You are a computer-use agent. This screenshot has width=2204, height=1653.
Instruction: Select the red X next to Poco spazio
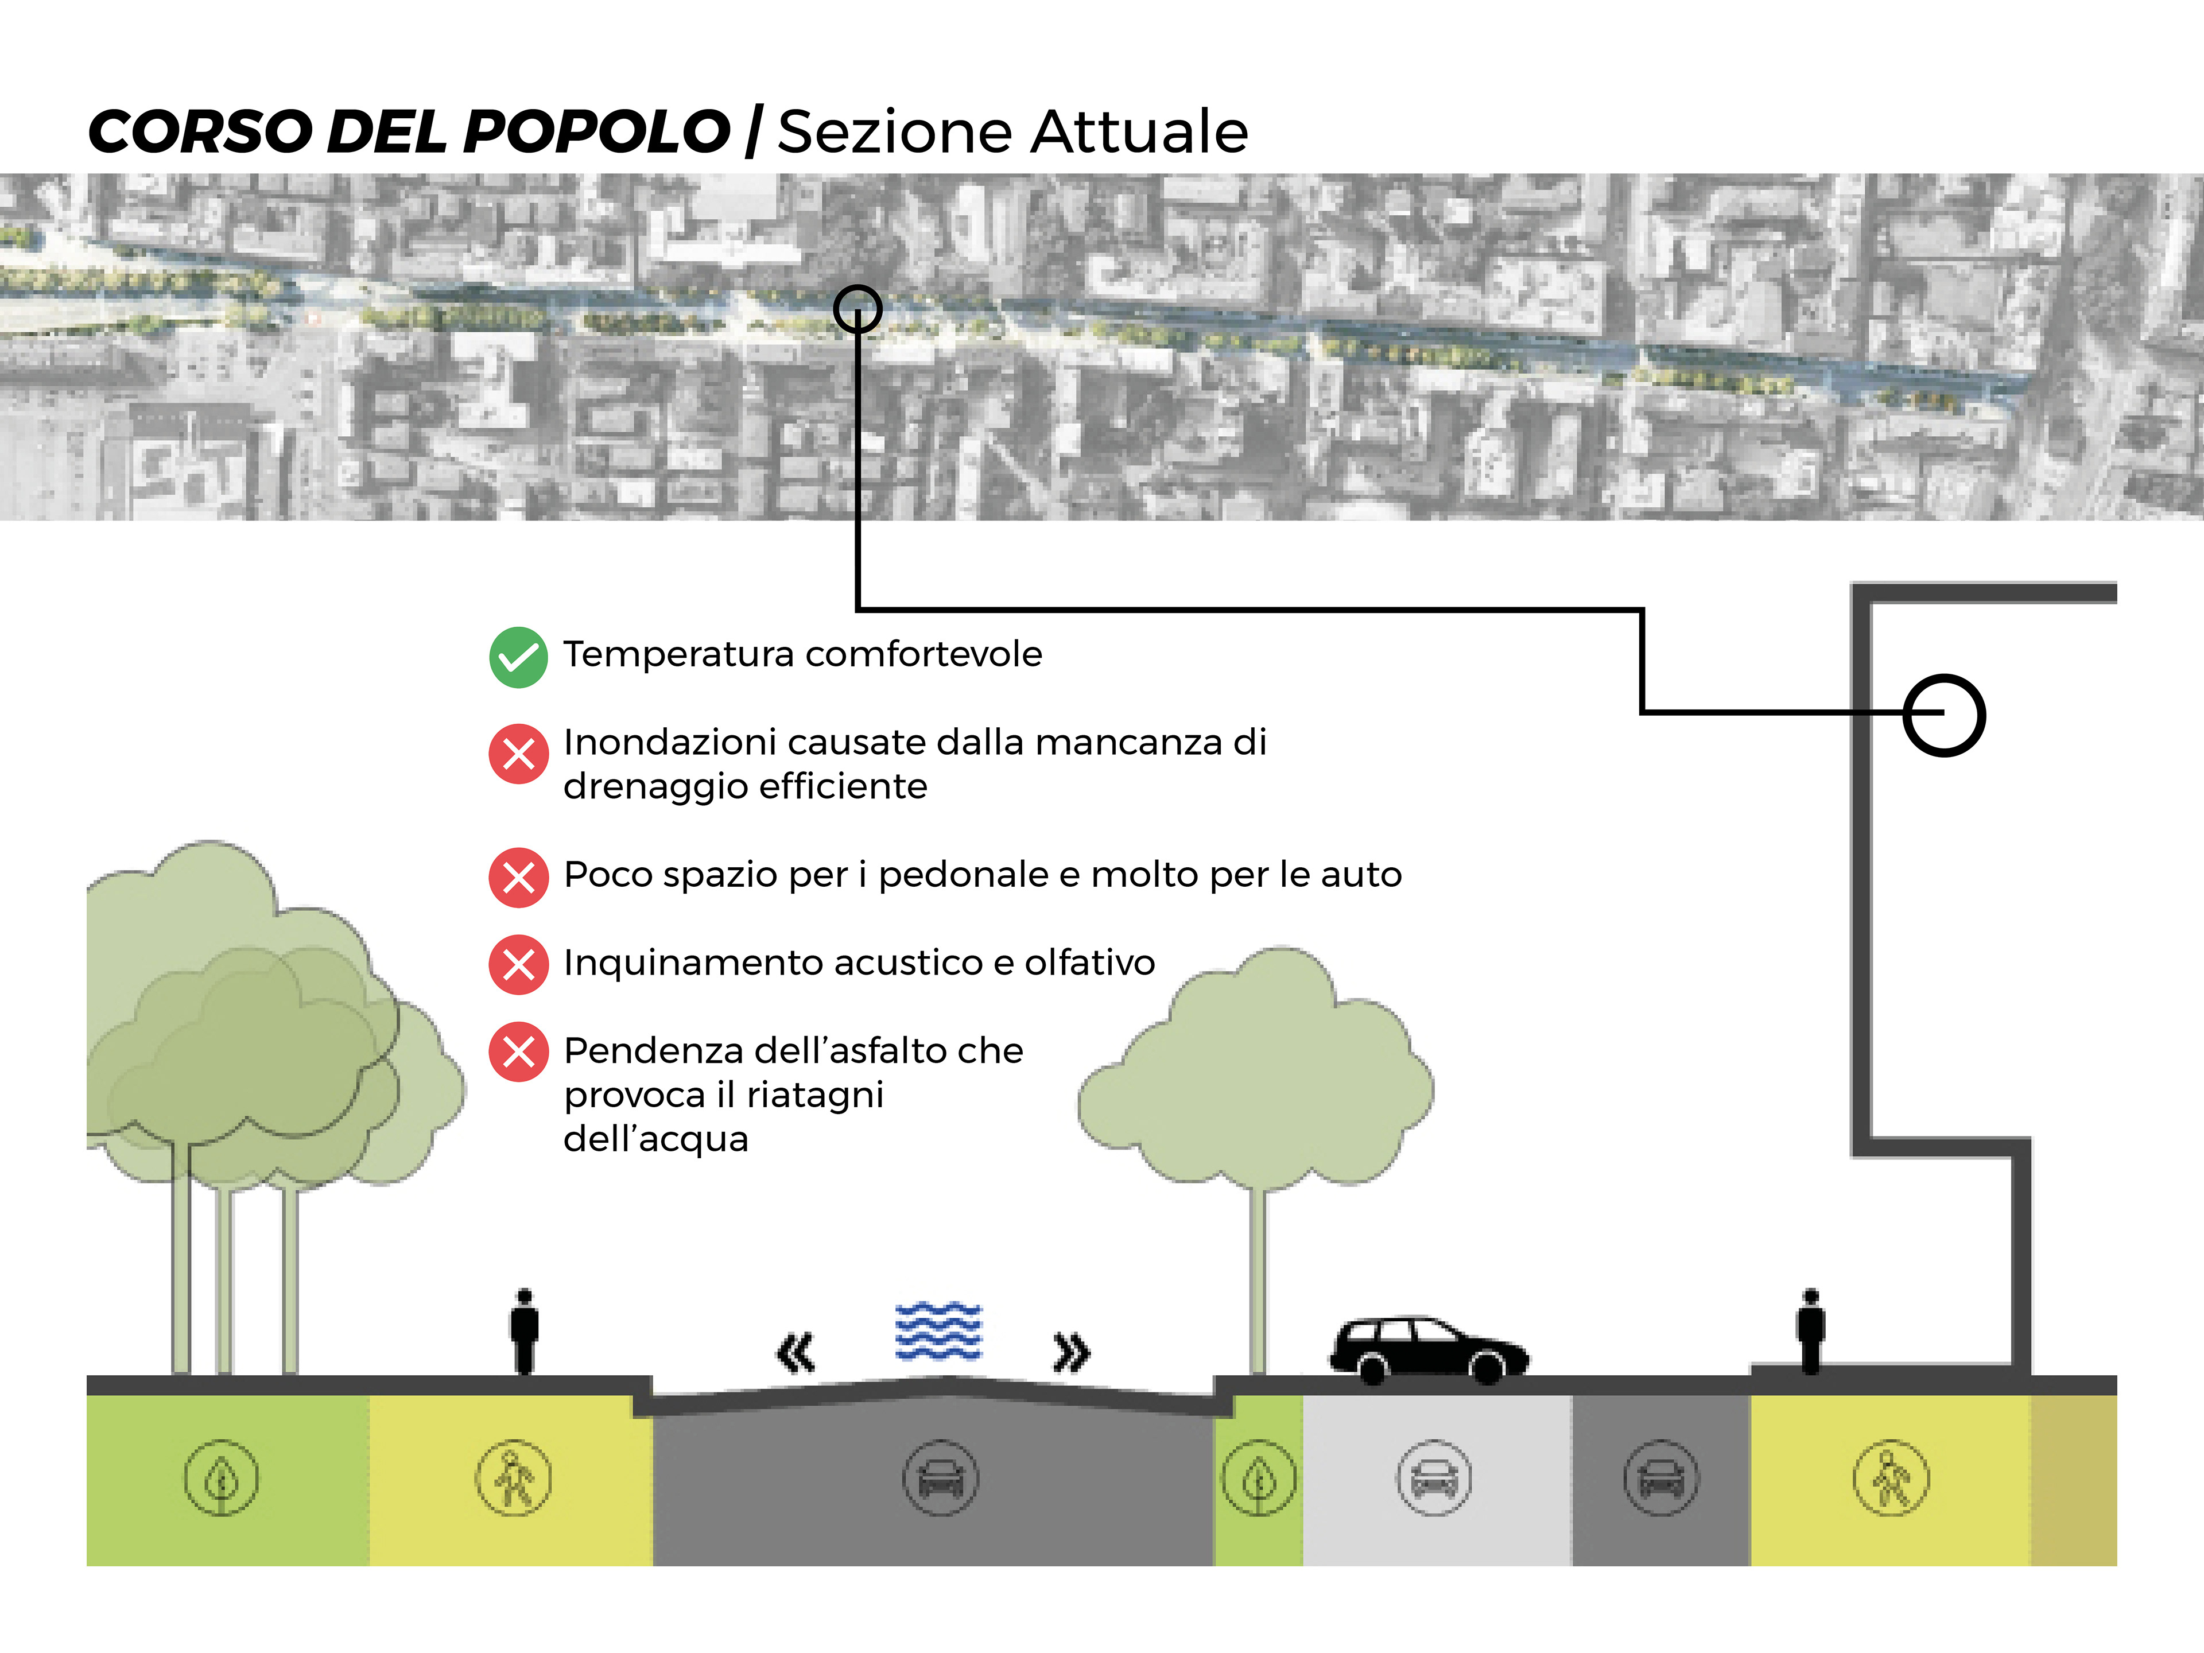(518, 877)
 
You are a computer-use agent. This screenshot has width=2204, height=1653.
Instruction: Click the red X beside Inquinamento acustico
(518, 964)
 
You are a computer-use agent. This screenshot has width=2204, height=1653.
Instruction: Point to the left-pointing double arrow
(795, 1352)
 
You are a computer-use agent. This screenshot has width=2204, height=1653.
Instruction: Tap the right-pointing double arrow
(1071, 1352)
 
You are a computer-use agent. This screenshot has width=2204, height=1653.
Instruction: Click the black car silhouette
(1428, 1349)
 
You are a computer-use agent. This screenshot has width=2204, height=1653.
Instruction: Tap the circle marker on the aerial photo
(857, 309)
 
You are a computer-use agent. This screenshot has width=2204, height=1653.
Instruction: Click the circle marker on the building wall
(1944, 715)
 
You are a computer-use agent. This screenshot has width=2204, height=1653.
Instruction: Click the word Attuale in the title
(1139, 131)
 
